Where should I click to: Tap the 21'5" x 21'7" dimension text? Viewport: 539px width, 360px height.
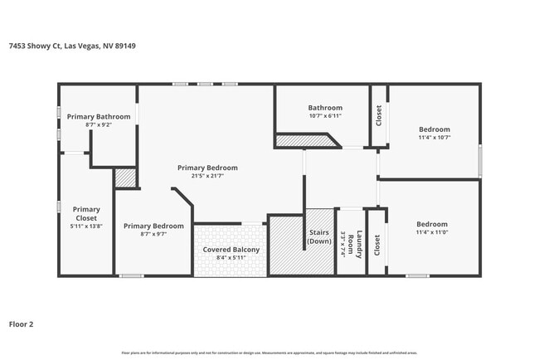click(x=207, y=176)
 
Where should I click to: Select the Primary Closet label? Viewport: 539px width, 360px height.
click(x=86, y=213)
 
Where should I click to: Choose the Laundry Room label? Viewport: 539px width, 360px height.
click(x=360, y=244)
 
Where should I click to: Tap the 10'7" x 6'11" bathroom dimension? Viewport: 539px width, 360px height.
click(x=325, y=116)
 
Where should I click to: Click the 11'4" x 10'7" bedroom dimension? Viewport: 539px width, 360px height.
click(x=434, y=138)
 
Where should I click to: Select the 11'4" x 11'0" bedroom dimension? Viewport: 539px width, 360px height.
click(x=432, y=233)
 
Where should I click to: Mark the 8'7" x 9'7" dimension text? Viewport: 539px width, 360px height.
click(x=153, y=234)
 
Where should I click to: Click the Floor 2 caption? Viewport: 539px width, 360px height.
click(x=22, y=324)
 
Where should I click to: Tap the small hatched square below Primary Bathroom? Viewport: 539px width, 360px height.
click(x=125, y=178)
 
